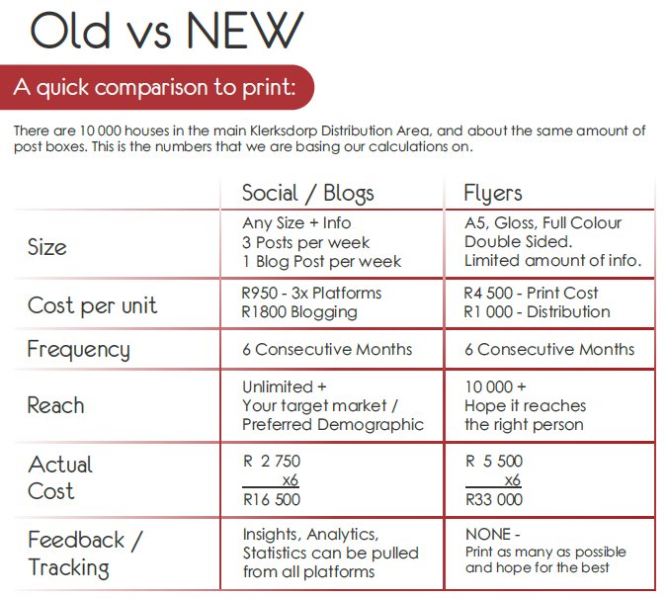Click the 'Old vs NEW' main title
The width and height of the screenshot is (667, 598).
tap(166, 33)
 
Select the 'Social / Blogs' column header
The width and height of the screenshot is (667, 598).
tap(307, 192)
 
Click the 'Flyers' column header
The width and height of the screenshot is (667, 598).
tap(493, 192)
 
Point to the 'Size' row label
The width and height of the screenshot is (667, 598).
tap(47, 246)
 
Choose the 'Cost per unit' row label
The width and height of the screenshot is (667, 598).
tap(92, 305)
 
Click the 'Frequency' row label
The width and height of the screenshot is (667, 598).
tap(78, 349)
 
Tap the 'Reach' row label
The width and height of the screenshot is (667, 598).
tap(55, 405)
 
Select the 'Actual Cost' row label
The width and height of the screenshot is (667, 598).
tap(60, 477)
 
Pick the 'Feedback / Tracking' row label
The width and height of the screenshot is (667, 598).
tap(84, 554)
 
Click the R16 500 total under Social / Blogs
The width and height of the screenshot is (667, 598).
tap(272, 500)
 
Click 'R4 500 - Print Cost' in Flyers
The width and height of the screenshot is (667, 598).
tap(531, 294)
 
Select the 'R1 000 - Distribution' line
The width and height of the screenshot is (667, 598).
tap(537, 312)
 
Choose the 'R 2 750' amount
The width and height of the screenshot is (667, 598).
tap(272, 462)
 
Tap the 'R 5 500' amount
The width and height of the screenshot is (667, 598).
tap(494, 462)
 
